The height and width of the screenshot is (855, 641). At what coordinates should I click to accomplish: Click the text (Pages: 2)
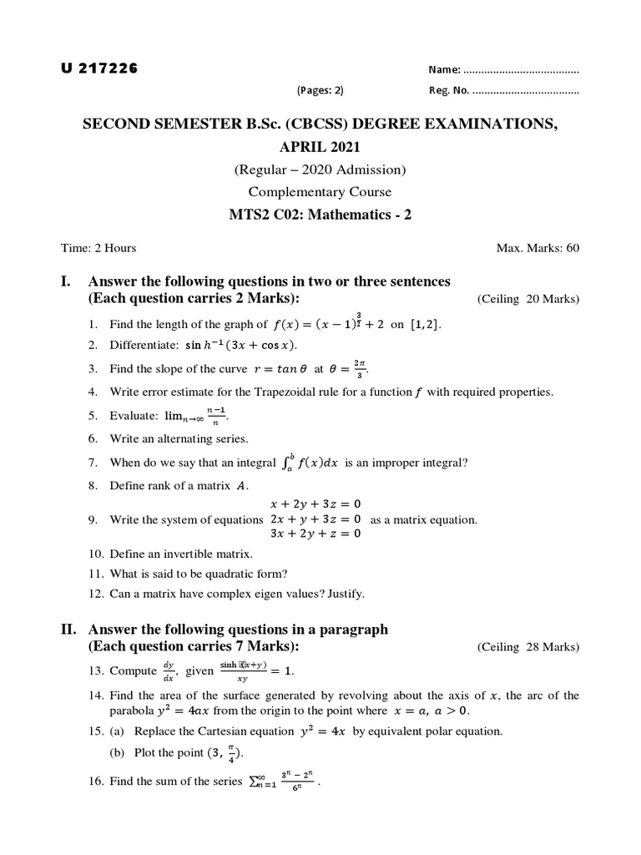(x=320, y=91)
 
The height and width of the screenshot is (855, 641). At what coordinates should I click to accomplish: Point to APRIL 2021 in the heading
(x=320, y=148)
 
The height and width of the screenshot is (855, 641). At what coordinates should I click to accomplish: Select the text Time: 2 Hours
(x=98, y=248)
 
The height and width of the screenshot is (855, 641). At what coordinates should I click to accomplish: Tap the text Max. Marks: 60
(x=538, y=248)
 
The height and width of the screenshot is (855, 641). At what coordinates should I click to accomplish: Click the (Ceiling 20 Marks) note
(x=527, y=299)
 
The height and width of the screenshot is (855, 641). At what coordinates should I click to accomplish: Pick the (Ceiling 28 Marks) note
(x=527, y=647)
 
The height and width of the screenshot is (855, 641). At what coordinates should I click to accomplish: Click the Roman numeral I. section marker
(x=67, y=281)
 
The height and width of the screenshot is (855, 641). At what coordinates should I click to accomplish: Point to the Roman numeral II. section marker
(x=69, y=630)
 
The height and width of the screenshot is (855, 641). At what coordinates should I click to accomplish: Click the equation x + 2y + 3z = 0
(x=315, y=503)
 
